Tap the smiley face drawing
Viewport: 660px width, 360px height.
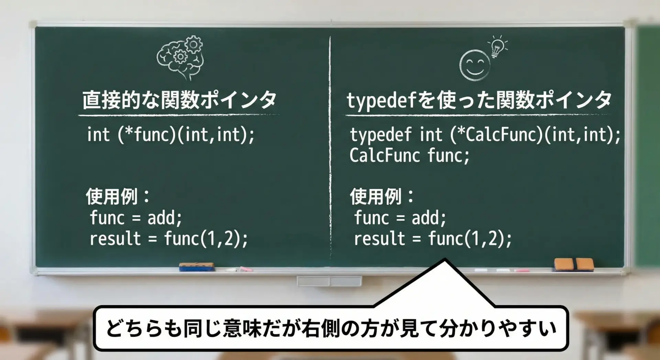[475, 65]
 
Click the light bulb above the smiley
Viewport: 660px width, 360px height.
[497, 47]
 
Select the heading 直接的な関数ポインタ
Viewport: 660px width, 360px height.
[179, 100]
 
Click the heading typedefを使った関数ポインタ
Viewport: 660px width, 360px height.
[479, 100]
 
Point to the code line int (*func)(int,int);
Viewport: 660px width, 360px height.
[171, 134]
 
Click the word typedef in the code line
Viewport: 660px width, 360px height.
[381, 135]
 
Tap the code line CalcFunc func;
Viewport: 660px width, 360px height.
[409, 155]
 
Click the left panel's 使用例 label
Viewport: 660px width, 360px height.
[117, 196]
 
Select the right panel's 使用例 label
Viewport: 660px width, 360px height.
[382, 196]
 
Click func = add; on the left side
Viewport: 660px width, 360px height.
[136, 218]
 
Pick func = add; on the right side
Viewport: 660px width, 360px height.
[400, 218]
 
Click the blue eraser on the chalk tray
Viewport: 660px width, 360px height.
[197, 267]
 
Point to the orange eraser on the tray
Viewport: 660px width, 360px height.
[574, 264]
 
